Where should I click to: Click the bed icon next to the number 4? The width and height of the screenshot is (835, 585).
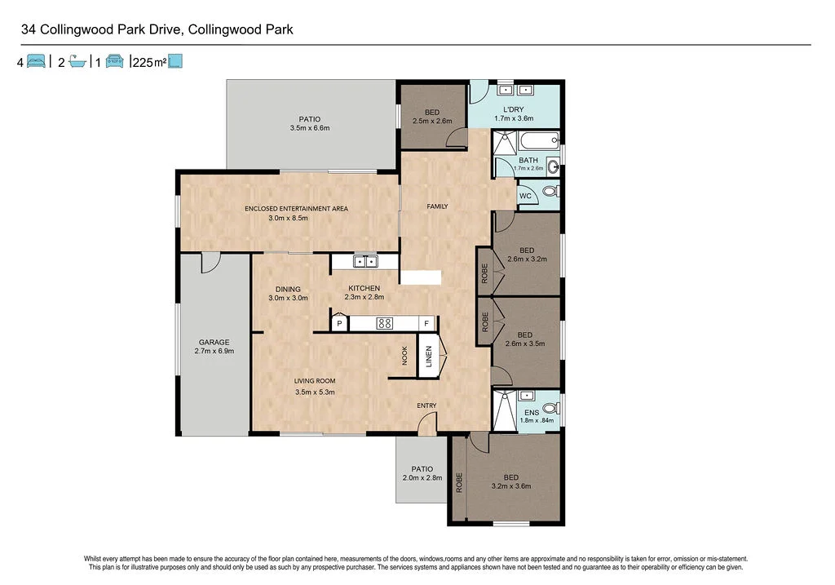(x=36, y=61)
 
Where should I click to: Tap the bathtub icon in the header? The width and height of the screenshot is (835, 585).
(x=77, y=61)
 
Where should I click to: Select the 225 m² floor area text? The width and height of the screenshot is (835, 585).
(x=148, y=62)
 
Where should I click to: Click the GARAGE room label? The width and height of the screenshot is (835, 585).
(x=214, y=343)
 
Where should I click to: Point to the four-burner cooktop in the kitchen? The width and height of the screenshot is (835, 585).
(x=384, y=323)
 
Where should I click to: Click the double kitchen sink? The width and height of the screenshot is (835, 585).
(x=364, y=261)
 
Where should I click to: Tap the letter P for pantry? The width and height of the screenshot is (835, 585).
(x=340, y=324)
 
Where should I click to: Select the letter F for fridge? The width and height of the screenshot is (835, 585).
(x=425, y=324)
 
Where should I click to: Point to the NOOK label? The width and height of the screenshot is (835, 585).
(x=404, y=355)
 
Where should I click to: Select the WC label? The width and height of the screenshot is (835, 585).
(x=526, y=197)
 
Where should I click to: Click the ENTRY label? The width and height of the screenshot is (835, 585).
(x=426, y=406)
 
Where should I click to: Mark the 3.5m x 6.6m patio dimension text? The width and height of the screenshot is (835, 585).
(x=310, y=128)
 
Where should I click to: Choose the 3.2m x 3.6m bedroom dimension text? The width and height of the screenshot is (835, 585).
(x=510, y=486)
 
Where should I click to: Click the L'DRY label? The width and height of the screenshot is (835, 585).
(x=514, y=109)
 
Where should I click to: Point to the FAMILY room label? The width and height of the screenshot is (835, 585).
(x=438, y=206)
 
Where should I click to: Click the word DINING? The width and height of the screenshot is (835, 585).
(x=288, y=289)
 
